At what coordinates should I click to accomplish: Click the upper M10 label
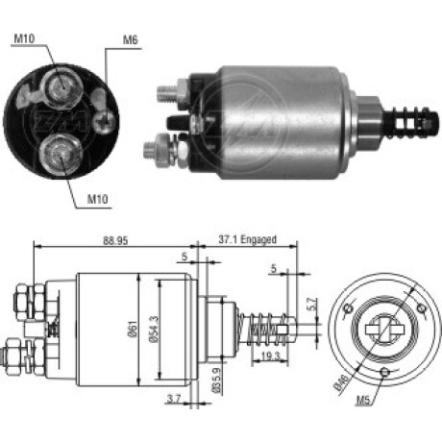pyautogui.click(x=25, y=38)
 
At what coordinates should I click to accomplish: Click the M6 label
pyautogui.click(x=131, y=40)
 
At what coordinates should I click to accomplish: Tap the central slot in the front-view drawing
pyautogui.click(x=383, y=327)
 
